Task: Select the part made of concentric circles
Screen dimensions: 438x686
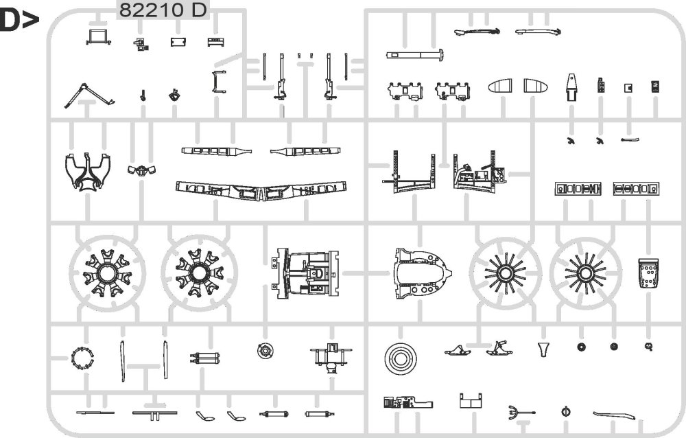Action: click(400, 358)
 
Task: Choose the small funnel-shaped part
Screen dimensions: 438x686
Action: click(545, 349)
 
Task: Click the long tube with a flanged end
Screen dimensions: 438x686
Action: click(414, 55)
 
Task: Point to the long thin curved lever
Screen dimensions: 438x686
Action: click(614, 414)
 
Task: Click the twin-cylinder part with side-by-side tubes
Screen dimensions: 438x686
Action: click(204, 358)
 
